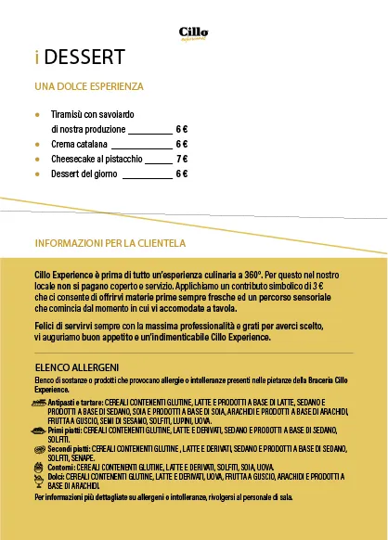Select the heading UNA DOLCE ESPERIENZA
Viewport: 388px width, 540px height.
(89, 86)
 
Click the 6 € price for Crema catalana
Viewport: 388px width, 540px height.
(182, 145)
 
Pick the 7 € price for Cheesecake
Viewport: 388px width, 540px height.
(182, 159)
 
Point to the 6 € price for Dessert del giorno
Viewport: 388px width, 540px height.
(182, 174)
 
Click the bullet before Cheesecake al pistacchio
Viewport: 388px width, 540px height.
(38, 160)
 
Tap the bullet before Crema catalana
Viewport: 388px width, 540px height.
(38, 146)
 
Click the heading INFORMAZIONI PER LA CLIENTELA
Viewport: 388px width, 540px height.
(110, 244)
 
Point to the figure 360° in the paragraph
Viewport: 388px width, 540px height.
(249, 276)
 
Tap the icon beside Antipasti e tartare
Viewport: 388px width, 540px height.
(40, 403)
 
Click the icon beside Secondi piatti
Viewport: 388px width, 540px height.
(40, 449)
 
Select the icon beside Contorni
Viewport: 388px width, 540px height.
(40, 466)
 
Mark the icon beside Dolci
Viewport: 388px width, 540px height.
(40, 476)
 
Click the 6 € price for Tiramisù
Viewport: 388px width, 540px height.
(182, 129)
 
